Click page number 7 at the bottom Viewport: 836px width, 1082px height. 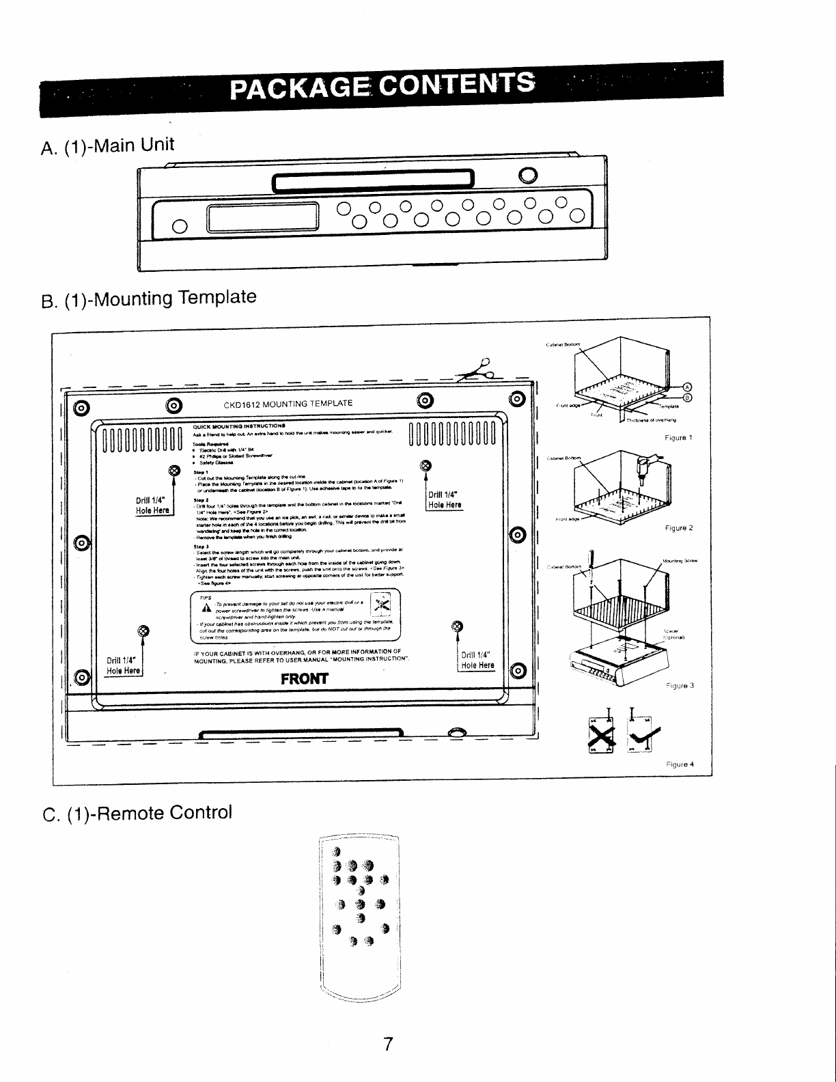tap(387, 1044)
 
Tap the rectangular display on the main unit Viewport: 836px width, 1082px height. tap(264, 218)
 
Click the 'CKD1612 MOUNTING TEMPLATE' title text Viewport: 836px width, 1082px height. tap(288, 403)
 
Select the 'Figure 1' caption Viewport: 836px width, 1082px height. tap(679, 437)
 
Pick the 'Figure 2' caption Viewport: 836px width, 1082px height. tap(679, 528)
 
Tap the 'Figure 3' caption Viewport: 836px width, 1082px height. tap(680, 685)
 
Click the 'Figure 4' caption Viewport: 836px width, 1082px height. tap(680, 764)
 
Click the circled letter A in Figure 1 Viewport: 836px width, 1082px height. tap(688, 383)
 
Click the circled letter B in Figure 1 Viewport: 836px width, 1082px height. tap(688, 398)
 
